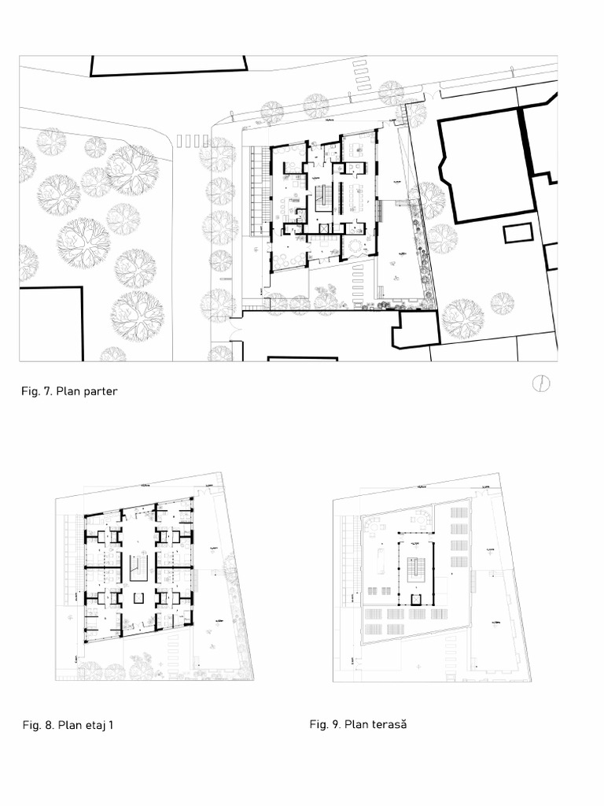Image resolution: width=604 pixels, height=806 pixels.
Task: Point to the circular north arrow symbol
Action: [541, 383]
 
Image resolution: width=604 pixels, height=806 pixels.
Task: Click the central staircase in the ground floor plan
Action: [322, 198]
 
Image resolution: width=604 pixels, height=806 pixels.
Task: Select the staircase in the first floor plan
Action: [138, 567]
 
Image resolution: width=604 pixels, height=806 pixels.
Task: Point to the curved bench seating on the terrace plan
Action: [422, 521]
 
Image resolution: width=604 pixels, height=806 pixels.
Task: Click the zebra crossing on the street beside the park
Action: [193, 141]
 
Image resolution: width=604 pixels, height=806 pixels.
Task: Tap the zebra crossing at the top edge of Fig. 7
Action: [362, 72]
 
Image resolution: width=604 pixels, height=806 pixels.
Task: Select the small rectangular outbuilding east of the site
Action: [517, 233]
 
